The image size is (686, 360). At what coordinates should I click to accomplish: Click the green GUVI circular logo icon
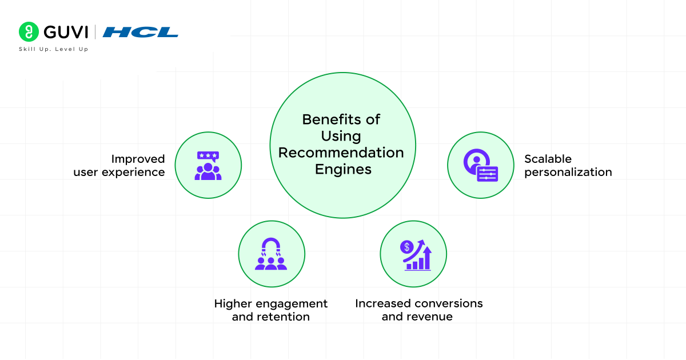pyautogui.click(x=29, y=32)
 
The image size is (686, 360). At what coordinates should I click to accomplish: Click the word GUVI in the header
pyautogui.click(x=66, y=32)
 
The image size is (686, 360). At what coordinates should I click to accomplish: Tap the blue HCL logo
pyautogui.click(x=140, y=32)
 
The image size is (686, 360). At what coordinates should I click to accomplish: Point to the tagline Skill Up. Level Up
pyautogui.click(x=54, y=49)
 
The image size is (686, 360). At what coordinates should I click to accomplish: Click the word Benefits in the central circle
pyautogui.click(x=328, y=119)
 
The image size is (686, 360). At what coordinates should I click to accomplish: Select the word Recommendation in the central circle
pyautogui.click(x=341, y=153)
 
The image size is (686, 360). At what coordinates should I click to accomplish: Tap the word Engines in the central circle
pyautogui.click(x=343, y=169)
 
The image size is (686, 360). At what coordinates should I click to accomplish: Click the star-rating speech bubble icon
pyautogui.click(x=208, y=156)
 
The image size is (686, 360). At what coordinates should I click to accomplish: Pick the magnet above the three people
pyautogui.click(x=271, y=247)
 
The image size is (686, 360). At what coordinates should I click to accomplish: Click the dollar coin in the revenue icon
pyautogui.click(x=406, y=247)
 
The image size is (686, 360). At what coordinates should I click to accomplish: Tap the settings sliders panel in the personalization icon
pyautogui.click(x=487, y=174)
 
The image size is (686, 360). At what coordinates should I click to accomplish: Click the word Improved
pyautogui.click(x=138, y=159)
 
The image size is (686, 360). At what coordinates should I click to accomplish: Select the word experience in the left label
pyautogui.click(x=133, y=173)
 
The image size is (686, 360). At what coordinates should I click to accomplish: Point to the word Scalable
pyautogui.click(x=548, y=159)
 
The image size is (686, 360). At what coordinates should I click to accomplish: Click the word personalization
pyautogui.click(x=568, y=173)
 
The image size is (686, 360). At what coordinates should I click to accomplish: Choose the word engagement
pyautogui.click(x=292, y=304)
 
